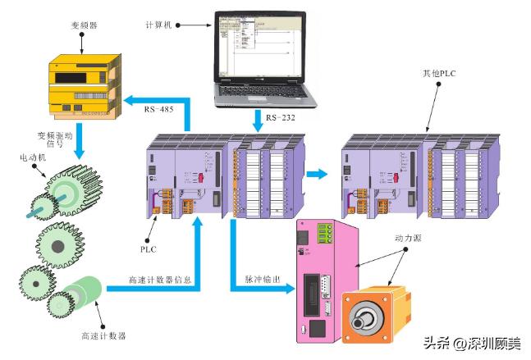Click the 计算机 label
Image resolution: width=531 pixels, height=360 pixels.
[x=158, y=25]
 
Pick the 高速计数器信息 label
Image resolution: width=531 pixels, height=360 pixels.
[x=160, y=280]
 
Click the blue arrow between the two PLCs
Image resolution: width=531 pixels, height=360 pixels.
[x=316, y=173]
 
